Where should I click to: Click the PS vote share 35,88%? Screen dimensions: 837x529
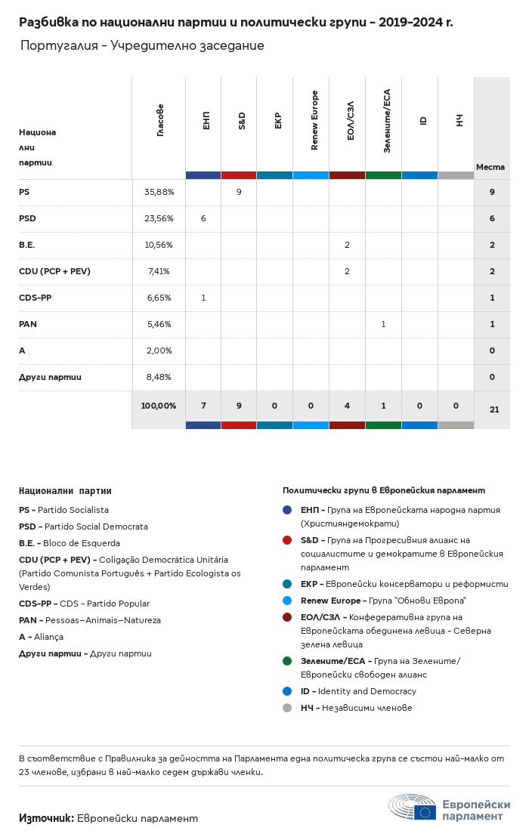pyautogui.click(x=159, y=193)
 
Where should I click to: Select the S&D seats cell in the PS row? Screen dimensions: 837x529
pyautogui.click(x=239, y=193)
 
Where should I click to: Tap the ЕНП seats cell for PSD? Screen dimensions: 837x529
pyautogui.click(x=203, y=219)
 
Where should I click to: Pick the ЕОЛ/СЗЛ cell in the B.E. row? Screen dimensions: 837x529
pyautogui.click(x=347, y=246)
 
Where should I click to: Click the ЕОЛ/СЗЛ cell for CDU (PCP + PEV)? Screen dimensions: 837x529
pyautogui.click(x=347, y=272)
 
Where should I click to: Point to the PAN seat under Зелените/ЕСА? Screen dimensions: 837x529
pyautogui.click(x=383, y=325)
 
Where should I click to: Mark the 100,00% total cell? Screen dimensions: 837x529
pyautogui.click(x=159, y=406)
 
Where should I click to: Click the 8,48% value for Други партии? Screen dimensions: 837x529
pyautogui.click(x=159, y=378)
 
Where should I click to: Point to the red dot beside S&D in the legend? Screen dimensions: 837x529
pyautogui.click(x=287, y=541)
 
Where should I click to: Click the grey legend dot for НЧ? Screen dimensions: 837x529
pyautogui.click(x=287, y=709)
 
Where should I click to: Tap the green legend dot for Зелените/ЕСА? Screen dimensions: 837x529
pyautogui.click(x=287, y=661)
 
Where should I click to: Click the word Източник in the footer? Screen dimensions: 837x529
pyautogui.click(x=45, y=818)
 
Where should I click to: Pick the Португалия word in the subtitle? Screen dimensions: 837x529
pyautogui.click(x=60, y=46)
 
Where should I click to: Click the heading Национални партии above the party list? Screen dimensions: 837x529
pyautogui.click(x=65, y=491)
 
